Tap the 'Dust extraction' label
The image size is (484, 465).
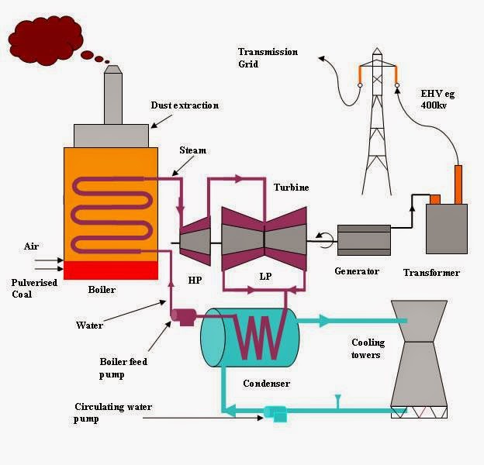click(185, 105)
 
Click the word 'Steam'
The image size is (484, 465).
click(193, 150)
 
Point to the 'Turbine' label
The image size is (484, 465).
click(291, 188)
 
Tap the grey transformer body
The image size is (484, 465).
click(446, 230)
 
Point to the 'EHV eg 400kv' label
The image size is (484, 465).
click(440, 98)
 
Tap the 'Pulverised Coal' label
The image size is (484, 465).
click(34, 288)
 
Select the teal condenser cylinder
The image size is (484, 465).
click(249, 338)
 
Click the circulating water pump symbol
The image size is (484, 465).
click(273, 415)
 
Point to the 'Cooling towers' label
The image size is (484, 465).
click(367, 349)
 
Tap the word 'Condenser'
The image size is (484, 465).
click(266, 383)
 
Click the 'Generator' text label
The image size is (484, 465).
click(356, 271)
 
